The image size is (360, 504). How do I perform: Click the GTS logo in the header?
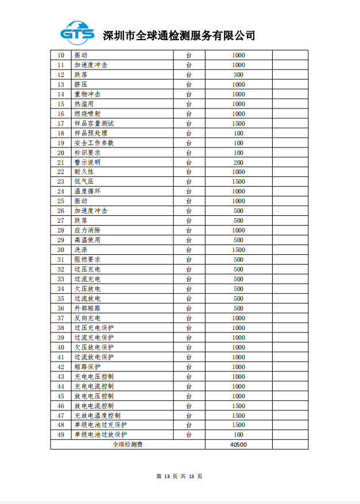[x=78, y=33]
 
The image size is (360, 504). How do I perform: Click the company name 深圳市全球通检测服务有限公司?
[x=179, y=36]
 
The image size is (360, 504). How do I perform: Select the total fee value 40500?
[x=238, y=444]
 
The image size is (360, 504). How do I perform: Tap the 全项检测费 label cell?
[x=127, y=444]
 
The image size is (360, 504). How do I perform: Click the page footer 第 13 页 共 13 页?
[x=179, y=476]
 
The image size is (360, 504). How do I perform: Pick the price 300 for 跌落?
[x=238, y=75]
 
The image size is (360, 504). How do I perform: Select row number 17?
[x=61, y=123]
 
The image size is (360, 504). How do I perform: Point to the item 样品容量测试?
[x=94, y=123]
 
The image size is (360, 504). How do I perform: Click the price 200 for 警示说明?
[x=238, y=162]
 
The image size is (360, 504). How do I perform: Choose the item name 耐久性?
[x=84, y=172]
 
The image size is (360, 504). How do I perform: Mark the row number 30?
[x=61, y=250]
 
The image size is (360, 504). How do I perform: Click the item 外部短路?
[x=87, y=308]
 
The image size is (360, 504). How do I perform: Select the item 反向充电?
[x=87, y=318]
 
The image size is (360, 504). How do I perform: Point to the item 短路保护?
[x=87, y=366]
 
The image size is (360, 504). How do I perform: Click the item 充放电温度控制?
[x=98, y=415]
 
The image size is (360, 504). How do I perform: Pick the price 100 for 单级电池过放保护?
[x=238, y=435]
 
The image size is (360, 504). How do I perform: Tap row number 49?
[x=61, y=435]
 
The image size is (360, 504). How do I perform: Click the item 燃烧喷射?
[x=87, y=114]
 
